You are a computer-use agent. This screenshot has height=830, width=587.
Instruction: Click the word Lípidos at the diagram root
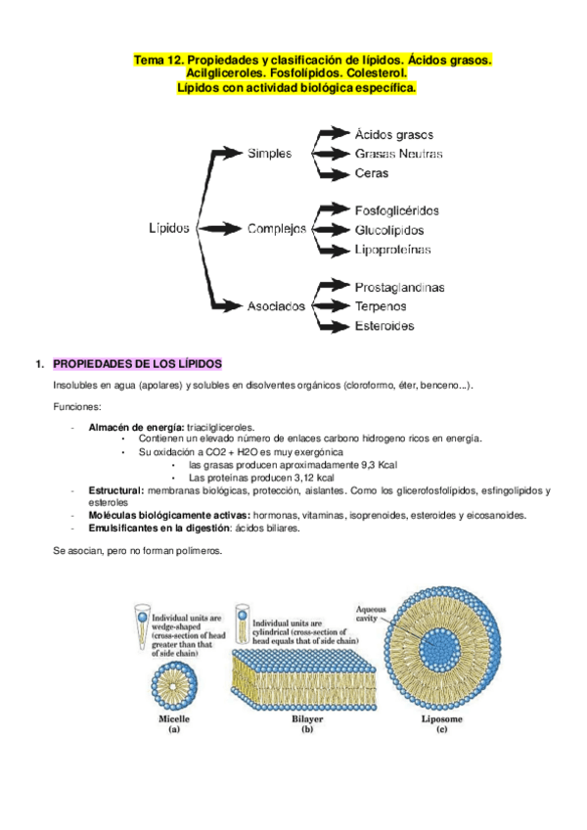170,228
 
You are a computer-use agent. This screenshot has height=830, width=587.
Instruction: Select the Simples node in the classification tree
269,153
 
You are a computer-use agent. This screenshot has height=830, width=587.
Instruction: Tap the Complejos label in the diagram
277,229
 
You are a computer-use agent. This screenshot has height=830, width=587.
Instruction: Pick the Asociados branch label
276,305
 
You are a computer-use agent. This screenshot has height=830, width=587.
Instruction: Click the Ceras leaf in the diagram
372,173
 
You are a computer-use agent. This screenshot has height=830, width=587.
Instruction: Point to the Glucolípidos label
389,230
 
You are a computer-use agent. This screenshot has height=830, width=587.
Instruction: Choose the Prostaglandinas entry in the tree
399,287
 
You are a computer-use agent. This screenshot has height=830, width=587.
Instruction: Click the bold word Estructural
115,490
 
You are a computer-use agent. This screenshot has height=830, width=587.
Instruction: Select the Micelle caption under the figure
173,718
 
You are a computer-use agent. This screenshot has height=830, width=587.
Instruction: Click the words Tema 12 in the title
156,61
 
